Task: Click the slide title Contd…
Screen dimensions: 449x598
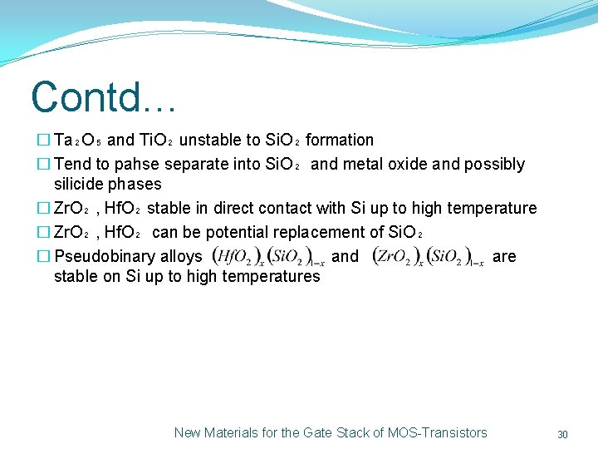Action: [103, 96]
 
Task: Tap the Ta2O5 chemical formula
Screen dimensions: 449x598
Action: [78, 141]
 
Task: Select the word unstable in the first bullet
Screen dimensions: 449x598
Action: [210, 140]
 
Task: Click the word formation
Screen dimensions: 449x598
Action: [340, 140]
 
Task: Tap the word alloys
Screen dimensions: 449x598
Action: [180, 257]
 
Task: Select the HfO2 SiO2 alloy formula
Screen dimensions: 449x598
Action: [268, 257]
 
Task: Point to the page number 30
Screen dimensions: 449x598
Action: [562, 434]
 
